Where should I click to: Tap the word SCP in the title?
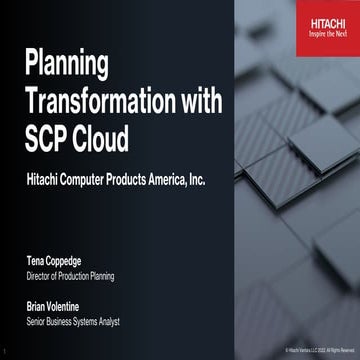click(x=49, y=139)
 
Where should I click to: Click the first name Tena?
click(x=36, y=261)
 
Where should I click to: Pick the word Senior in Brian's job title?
click(x=39, y=327)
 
